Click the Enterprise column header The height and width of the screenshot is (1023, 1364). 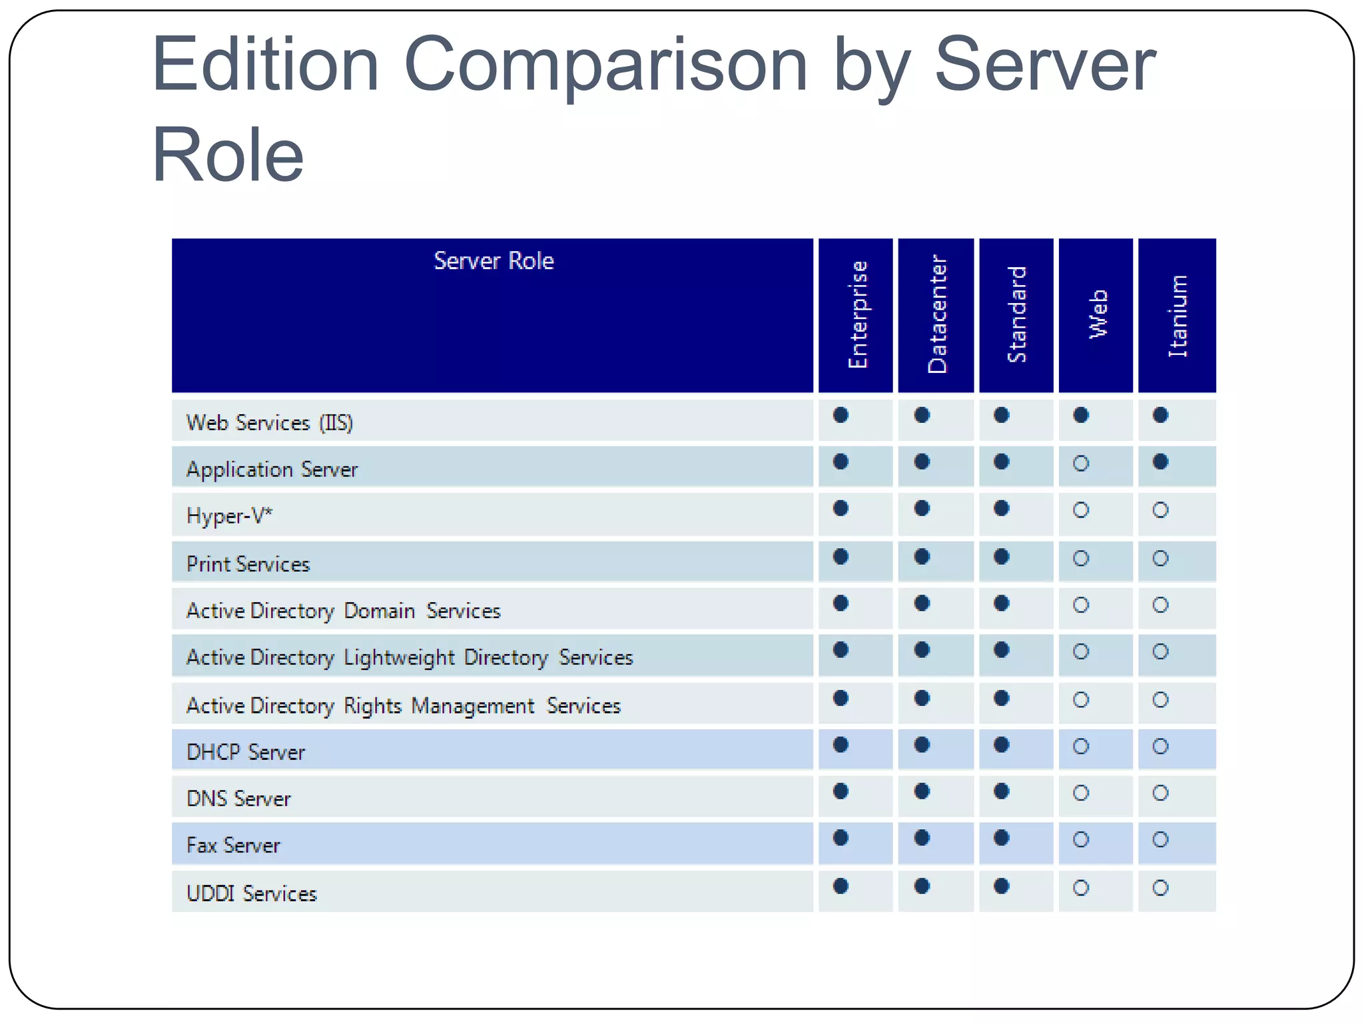[858, 314]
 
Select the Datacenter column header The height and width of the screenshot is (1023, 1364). [937, 314]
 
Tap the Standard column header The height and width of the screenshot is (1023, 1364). [1017, 314]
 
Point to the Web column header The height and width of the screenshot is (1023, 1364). [1098, 314]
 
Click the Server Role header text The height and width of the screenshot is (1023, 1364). [494, 260]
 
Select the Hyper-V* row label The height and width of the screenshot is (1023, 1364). [229, 516]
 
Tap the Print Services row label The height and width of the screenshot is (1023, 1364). [248, 564]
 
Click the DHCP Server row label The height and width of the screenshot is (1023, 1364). [245, 752]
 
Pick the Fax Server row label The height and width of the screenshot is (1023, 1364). [233, 845]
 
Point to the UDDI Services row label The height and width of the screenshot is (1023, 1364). [251, 893]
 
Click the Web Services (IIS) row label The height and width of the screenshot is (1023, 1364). [269, 423]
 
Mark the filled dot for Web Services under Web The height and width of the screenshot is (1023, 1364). [1081, 416]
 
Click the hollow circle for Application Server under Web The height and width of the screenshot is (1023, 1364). [1081, 463]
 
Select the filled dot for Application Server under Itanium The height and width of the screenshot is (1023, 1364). [1160, 462]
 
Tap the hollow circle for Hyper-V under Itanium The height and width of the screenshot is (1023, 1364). [1160, 510]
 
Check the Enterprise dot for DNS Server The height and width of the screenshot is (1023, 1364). [841, 791]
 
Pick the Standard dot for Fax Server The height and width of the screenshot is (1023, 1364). [1001, 838]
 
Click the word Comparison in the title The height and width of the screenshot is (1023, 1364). [605, 65]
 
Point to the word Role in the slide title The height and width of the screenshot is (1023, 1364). [228, 155]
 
